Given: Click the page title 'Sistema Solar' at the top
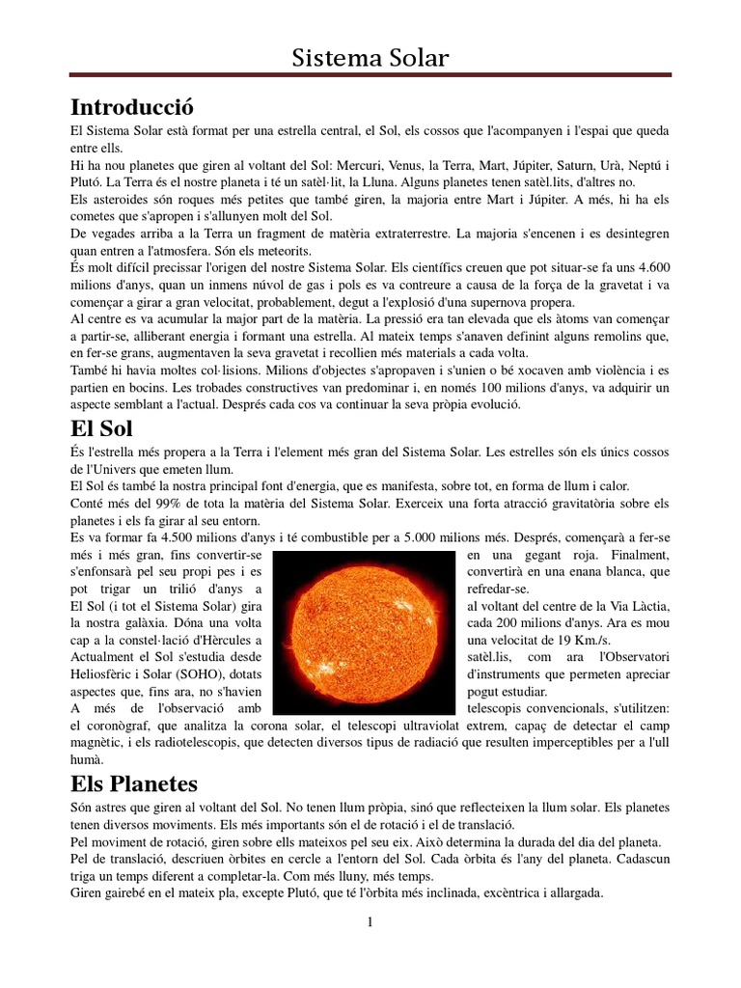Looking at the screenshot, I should (x=370, y=59).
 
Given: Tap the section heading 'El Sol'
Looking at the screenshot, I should (x=101, y=427).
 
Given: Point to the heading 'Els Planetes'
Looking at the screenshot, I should (x=134, y=783).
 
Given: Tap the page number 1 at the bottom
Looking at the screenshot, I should (x=370, y=921).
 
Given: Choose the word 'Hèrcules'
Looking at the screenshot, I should (x=229, y=639).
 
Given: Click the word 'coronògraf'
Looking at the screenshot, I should (x=120, y=726).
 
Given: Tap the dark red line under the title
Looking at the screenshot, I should (x=370, y=75).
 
